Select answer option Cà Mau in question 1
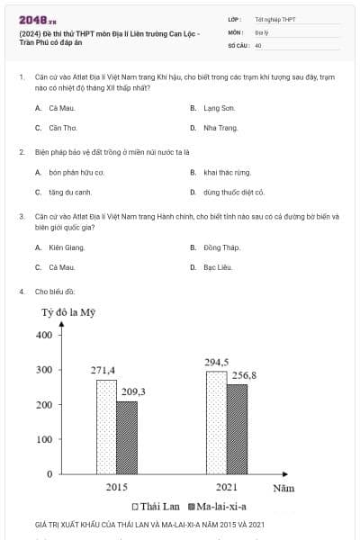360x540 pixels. pos(60,107)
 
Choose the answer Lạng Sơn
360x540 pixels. pos(212,107)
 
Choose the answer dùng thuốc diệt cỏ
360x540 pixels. pos(234,192)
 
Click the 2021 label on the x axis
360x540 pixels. pos(227,487)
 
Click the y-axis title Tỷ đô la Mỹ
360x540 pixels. pos(68,313)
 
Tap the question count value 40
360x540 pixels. pos(258,45)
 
